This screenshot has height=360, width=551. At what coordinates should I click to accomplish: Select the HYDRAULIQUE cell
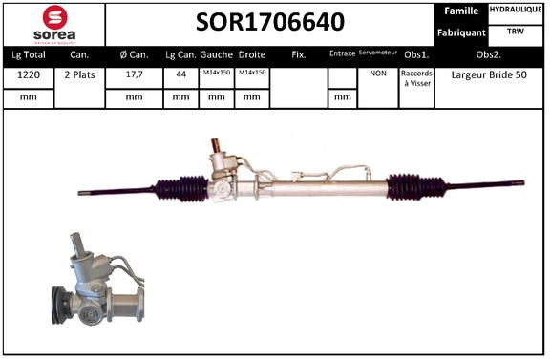[517, 10]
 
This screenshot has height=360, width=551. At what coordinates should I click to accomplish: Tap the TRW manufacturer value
[516, 32]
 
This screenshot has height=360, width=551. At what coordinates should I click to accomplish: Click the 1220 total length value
[28, 74]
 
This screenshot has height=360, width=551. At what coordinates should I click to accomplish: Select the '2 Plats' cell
[79, 74]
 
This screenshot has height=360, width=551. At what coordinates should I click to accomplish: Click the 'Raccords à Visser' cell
[416, 78]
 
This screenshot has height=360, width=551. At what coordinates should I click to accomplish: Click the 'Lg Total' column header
[28, 54]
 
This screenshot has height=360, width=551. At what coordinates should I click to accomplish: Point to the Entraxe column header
[341, 54]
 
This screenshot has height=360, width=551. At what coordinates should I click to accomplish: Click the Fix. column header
[298, 54]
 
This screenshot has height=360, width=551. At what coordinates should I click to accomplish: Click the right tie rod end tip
[520, 183]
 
